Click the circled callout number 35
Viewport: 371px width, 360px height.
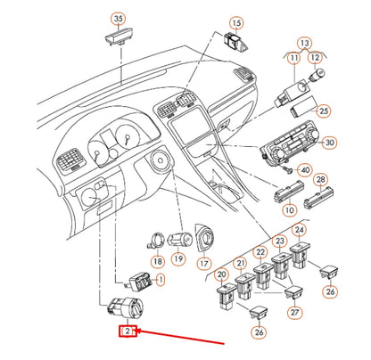(x=119, y=18)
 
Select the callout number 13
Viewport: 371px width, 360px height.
(x=305, y=43)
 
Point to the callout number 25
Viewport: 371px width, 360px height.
(x=325, y=110)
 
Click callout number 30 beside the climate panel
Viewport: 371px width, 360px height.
(x=329, y=143)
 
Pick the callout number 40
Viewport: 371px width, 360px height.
(x=305, y=170)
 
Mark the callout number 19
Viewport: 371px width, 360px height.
(x=178, y=260)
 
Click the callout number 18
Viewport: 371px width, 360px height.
(x=157, y=262)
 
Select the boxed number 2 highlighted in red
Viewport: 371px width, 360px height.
(x=128, y=332)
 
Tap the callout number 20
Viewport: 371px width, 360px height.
(x=221, y=274)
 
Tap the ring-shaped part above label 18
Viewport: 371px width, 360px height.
(x=155, y=240)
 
